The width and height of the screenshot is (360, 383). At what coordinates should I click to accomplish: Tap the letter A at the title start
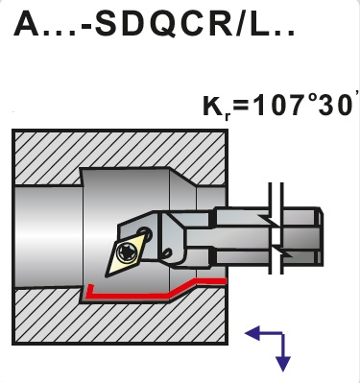point(27,24)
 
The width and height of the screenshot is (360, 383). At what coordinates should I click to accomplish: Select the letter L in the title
point(258,24)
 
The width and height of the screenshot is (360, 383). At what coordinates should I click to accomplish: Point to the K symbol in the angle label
point(213,106)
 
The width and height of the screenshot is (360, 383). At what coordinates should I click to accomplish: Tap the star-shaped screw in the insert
point(125,252)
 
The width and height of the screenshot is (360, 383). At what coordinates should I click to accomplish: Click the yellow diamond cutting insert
point(128,252)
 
